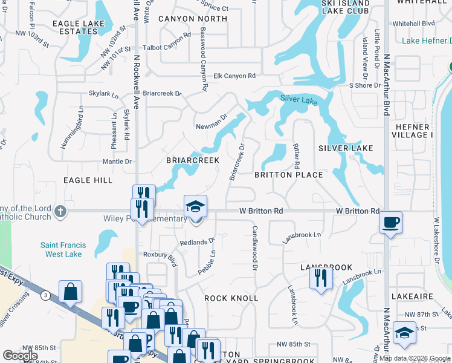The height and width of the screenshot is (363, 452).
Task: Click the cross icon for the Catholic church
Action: click(x=59, y=211)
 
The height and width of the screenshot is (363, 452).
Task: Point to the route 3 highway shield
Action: click(x=46, y=295)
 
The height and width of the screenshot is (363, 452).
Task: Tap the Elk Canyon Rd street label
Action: click(x=235, y=76)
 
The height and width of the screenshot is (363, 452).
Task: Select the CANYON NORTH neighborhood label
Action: click(x=193, y=19)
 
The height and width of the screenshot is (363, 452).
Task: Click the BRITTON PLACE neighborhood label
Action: click(x=288, y=175)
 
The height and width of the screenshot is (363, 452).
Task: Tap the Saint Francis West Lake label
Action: click(x=63, y=250)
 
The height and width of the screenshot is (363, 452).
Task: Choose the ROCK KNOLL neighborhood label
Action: click(x=231, y=298)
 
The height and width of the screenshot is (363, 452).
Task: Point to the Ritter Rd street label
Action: click(x=296, y=156)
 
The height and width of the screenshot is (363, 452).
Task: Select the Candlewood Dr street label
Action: click(x=255, y=248)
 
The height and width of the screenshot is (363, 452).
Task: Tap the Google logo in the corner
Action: click(x=20, y=356)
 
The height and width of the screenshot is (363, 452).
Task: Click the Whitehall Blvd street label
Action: click(x=413, y=23)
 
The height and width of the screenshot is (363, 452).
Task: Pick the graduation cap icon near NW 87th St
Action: click(x=404, y=333)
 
